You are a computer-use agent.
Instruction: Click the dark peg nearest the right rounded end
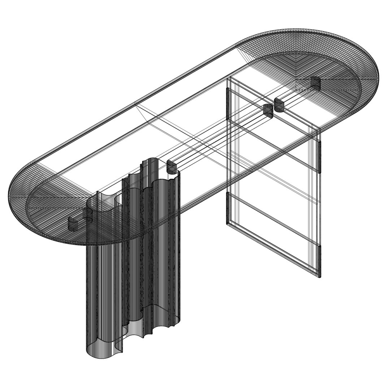point(315,83)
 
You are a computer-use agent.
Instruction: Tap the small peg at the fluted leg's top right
point(172,167)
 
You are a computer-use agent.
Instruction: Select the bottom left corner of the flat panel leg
point(228,224)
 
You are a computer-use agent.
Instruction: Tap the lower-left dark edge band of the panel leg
point(227,208)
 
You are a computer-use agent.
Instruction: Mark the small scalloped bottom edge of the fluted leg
point(144,334)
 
